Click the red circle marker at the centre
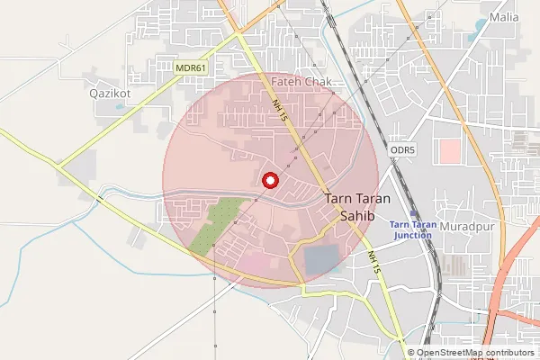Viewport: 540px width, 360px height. point(269,181)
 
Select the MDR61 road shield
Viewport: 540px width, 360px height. point(192,67)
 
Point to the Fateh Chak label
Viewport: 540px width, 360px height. point(301,82)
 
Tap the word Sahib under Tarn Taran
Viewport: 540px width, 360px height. point(360,216)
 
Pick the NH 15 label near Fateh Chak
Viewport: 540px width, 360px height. point(280,112)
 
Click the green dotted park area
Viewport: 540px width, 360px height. point(212,226)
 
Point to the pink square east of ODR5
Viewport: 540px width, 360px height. point(449,150)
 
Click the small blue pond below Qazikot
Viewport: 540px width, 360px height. point(121,107)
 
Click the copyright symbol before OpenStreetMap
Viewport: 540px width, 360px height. point(411,353)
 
